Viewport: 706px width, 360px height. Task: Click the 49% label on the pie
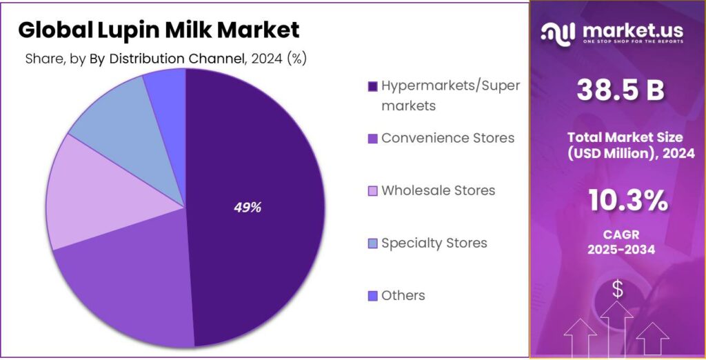click(x=247, y=208)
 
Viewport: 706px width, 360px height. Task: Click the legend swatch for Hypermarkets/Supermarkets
click(x=372, y=86)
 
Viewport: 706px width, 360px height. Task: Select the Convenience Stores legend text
click(x=447, y=138)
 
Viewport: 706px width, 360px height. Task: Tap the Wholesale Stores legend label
click(x=438, y=190)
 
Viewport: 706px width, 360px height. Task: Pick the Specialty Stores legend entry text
click(x=434, y=243)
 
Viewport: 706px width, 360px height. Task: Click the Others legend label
click(x=403, y=295)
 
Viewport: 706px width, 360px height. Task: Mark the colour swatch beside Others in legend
click(x=372, y=296)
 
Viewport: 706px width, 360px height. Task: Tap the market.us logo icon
click(x=558, y=32)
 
